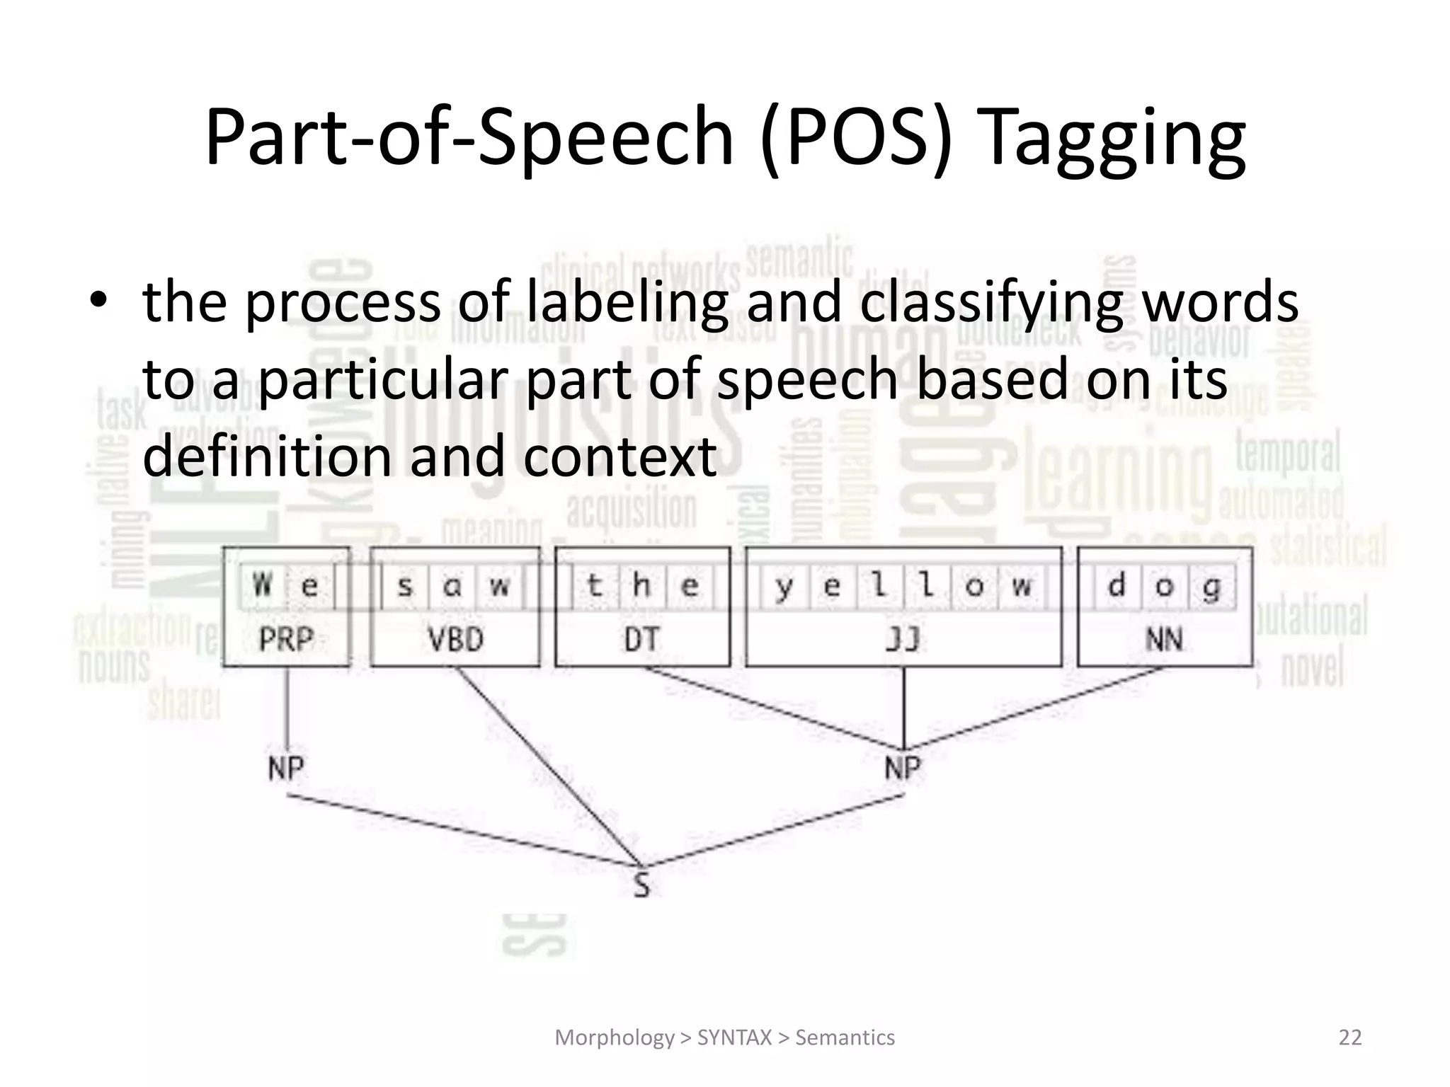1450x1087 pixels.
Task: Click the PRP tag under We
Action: pyautogui.click(x=286, y=640)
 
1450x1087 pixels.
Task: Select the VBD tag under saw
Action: pyautogui.click(x=455, y=640)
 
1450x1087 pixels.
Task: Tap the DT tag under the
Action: pyautogui.click(x=641, y=640)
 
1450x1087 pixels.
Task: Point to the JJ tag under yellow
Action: pyautogui.click(x=903, y=640)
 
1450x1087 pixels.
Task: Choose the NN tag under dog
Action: pyautogui.click(x=1164, y=640)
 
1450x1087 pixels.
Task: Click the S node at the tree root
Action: pyautogui.click(x=641, y=885)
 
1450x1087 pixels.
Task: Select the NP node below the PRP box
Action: pyautogui.click(x=286, y=768)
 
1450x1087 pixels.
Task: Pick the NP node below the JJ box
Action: pyautogui.click(x=903, y=768)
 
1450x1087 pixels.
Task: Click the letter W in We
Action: pyautogui.click(x=263, y=586)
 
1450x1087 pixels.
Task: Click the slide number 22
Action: pyautogui.click(x=1350, y=1037)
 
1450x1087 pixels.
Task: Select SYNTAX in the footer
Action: pyautogui.click(x=734, y=1037)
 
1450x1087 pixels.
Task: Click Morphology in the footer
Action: pyautogui.click(x=615, y=1037)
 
